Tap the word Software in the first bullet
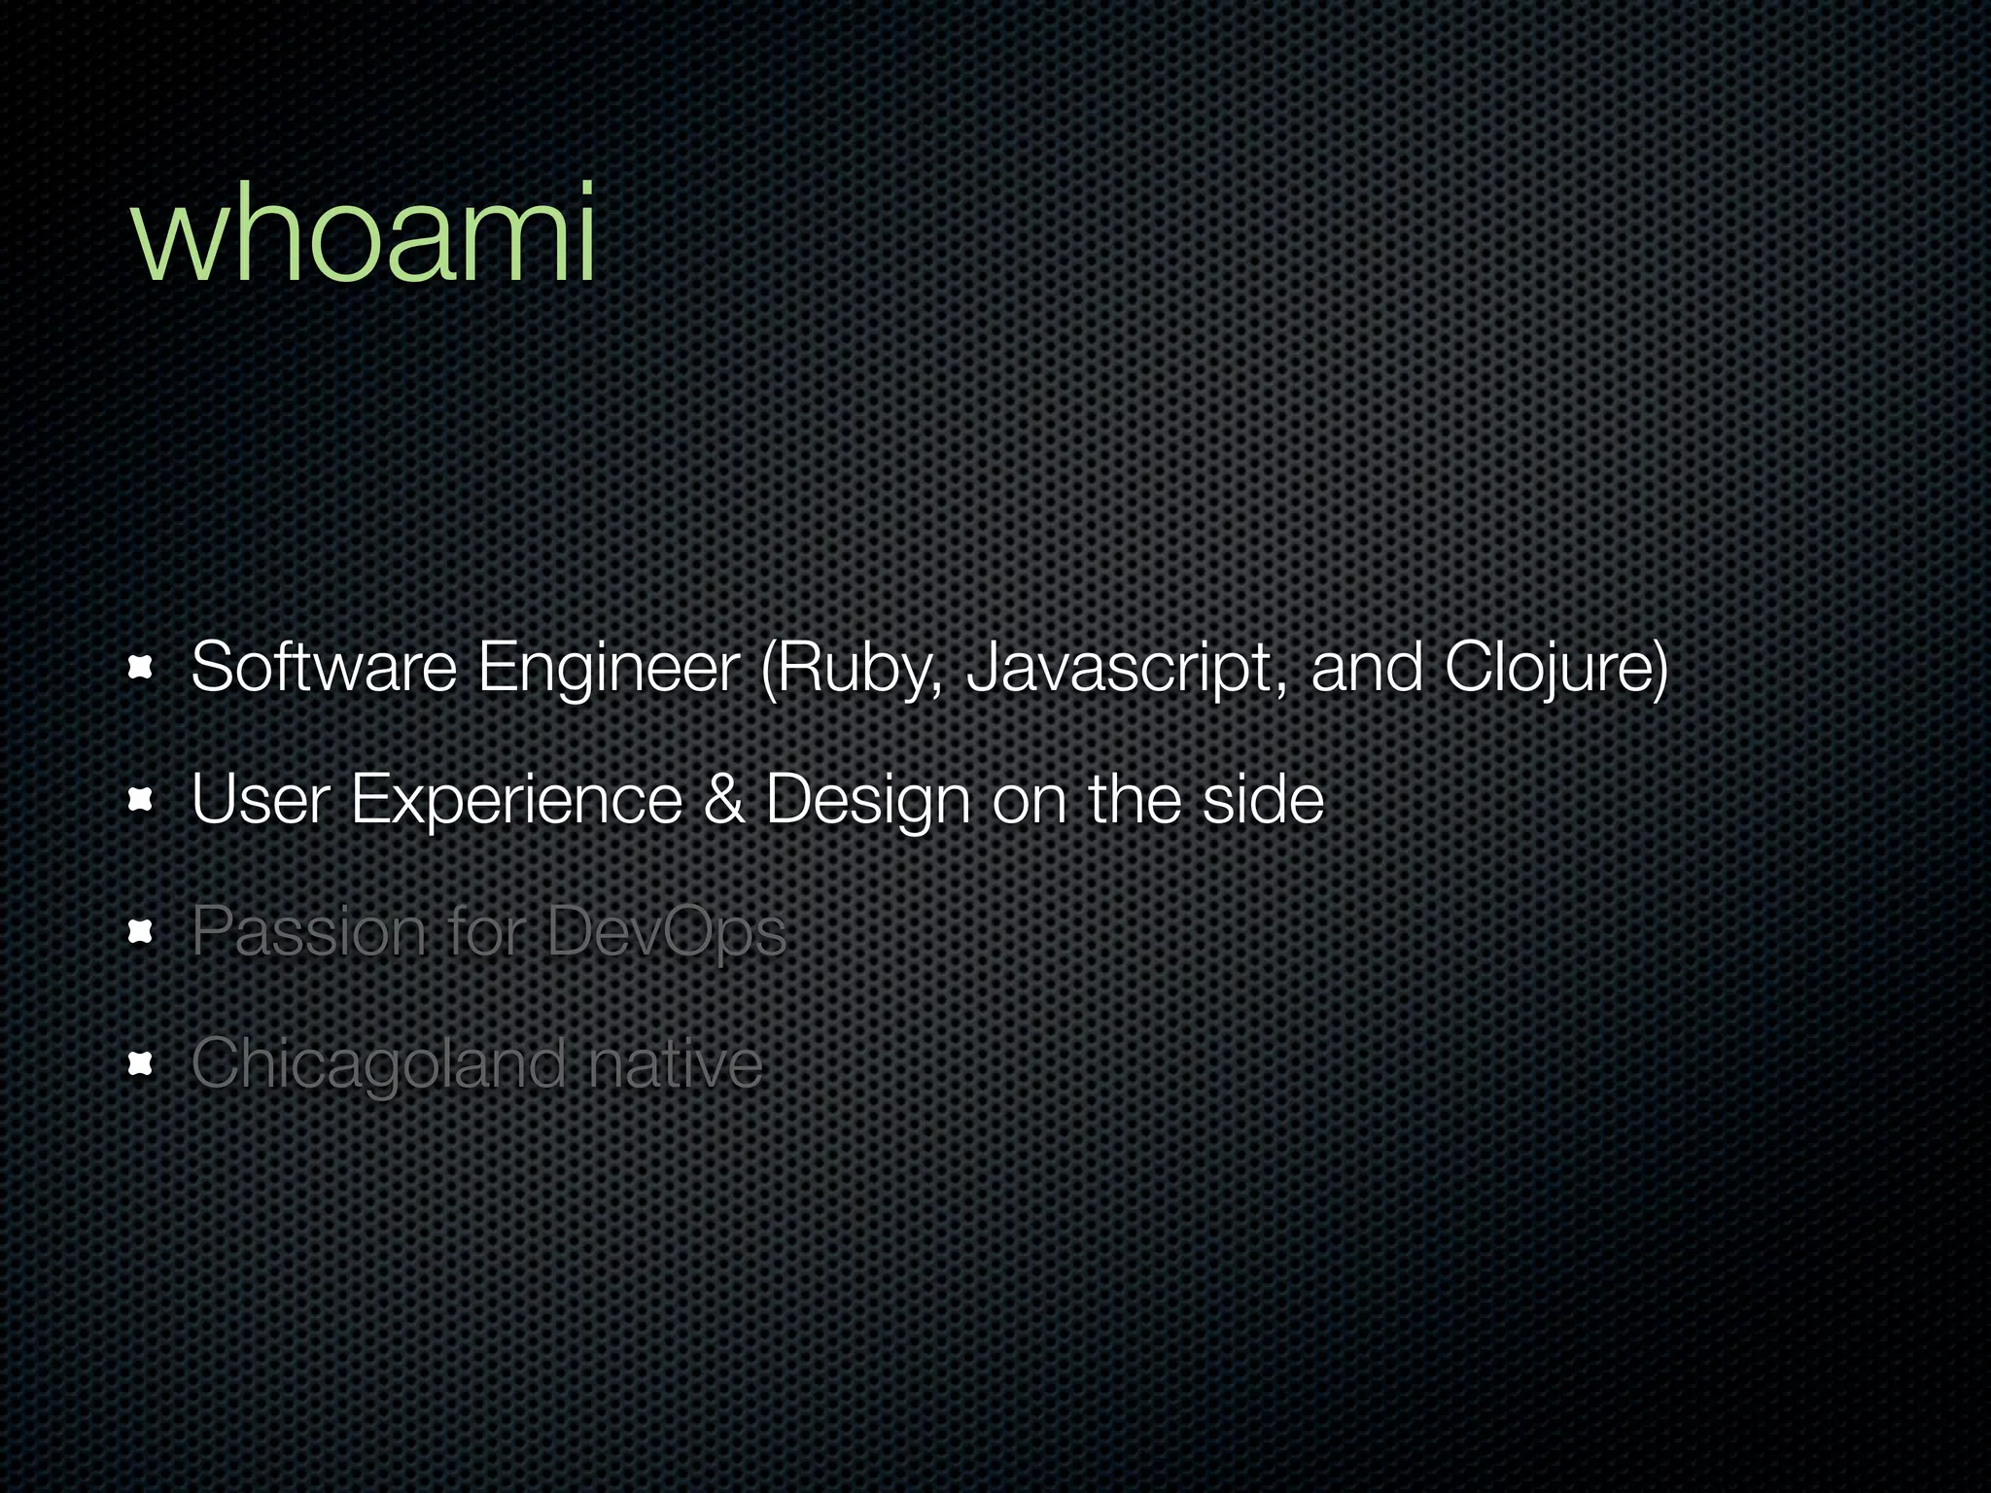323,668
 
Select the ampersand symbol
723,800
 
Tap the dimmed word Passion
309,932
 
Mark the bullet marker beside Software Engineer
141,668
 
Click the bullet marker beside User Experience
141,800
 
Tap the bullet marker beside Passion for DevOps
141,932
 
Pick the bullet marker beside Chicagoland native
141,1064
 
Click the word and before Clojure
1366,668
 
